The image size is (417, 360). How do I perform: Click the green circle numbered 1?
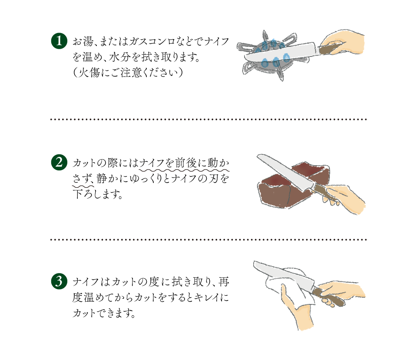(x=59, y=41)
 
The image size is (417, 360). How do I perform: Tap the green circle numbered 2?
(x=59, y=163)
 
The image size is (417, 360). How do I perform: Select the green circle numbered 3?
(x=59, y=281)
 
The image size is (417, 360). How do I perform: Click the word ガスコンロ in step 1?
(x=152, y=42)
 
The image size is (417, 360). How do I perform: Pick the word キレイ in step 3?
(x=206, y=297)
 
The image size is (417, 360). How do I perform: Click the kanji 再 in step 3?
(x=224, y=282)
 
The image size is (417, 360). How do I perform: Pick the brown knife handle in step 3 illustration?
(x=328, y=297)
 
